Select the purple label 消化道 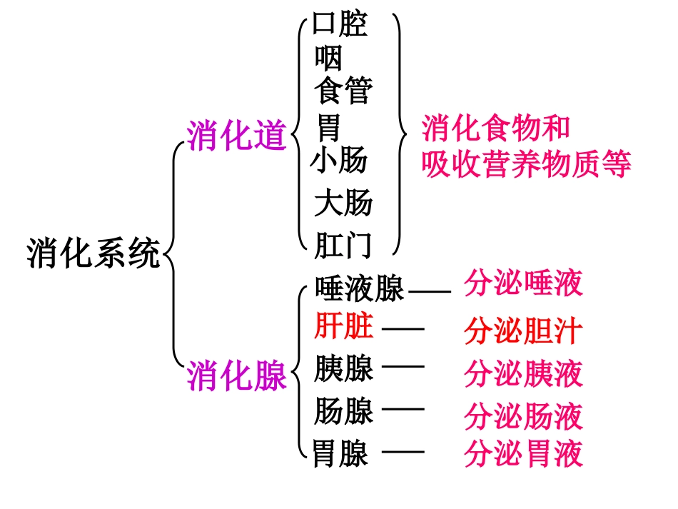[x=236, y=135]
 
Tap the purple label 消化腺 [x=236, y=376]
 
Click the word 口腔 [x=340, y=25]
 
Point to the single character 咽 [x=328, y=58]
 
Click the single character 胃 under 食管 [x=329, y=128]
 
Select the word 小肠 [x=339, y=161]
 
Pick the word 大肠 [x=343, y=203]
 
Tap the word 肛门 [x=343, y=245]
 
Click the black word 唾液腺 [x=360, y=289]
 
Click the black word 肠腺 [x=344, y=411]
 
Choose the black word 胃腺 [x=340, y=453]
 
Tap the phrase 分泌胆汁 [x=523, y=332]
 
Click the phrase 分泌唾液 [x=523, y=283]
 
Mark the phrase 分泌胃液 [x=523, y=453]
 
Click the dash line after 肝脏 [x=403, y=328]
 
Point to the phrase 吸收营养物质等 [x=526, y=166]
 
